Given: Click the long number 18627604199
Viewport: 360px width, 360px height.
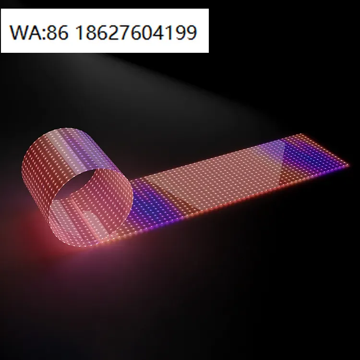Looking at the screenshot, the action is click(136, 32).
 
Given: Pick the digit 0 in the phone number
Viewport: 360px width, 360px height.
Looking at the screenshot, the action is click(154, 32).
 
